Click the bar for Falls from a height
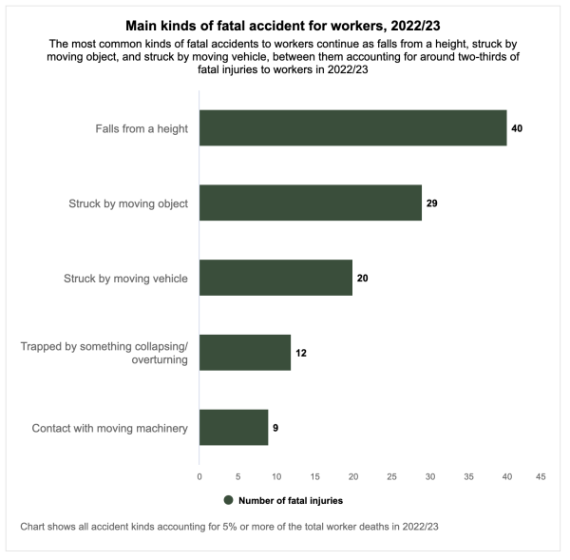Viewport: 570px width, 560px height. [352, 127]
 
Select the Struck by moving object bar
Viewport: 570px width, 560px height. [310, 203]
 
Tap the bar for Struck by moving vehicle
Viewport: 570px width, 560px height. [275, 278]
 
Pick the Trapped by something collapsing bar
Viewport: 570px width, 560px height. [245, 353]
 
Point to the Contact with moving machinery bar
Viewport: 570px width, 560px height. [234, 428]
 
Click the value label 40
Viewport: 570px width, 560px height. [517, 127]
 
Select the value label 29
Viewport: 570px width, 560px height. [431, 203]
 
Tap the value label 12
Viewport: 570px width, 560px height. [300, 353]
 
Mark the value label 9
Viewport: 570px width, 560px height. [275, 428]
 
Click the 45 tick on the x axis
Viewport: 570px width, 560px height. [541, 475]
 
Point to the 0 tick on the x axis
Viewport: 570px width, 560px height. [199, 475]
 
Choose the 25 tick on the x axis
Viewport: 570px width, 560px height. [391, 475]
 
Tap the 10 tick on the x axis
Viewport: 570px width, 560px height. [275, 475]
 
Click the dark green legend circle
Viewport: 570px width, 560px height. [228, 500]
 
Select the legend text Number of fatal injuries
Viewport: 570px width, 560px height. [291, 500]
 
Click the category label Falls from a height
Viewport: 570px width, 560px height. [142, 127]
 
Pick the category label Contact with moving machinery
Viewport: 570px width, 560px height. [109, 428]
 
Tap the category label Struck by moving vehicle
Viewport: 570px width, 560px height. [125, 278]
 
